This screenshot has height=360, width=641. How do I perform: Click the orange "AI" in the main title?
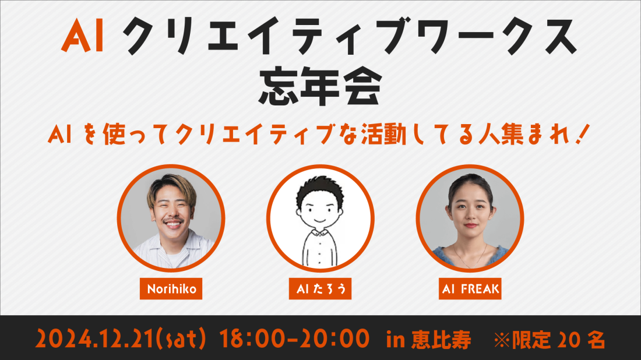(82, 36)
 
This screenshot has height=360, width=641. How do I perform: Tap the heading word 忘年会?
(320, 87)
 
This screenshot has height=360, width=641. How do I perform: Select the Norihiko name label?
(171, 289)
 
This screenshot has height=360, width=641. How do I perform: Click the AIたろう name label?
(320, 289)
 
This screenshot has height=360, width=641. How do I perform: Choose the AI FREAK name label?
(470, 289)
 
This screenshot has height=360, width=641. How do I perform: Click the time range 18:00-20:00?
(294, 339)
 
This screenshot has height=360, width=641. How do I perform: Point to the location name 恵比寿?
(441, 340)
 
